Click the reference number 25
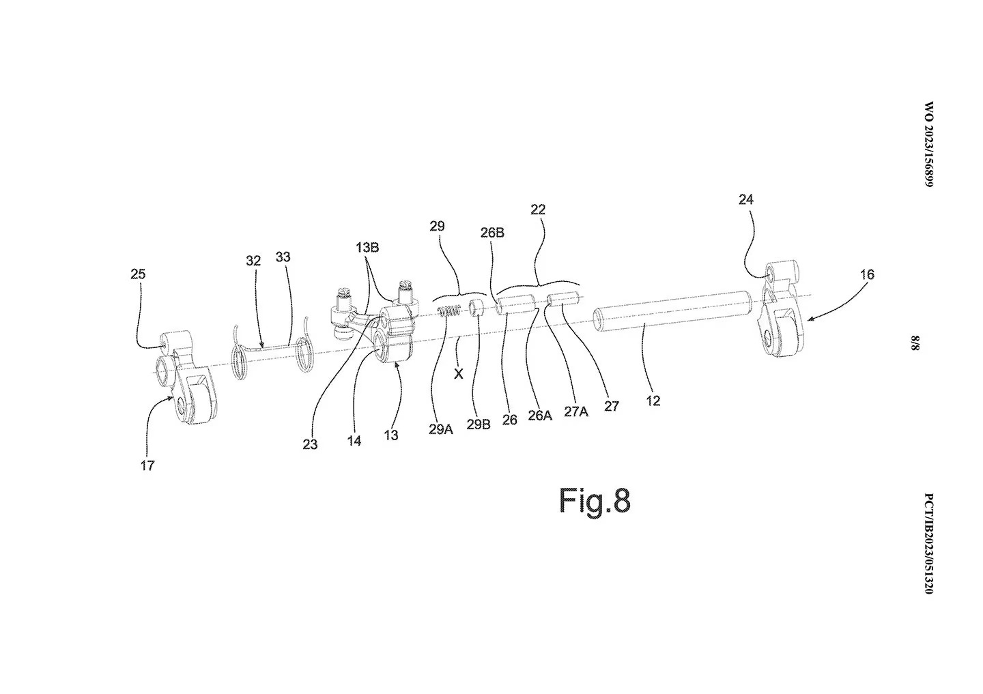(138, 274)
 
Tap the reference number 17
(147, 465)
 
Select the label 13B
(367, 248)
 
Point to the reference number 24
(746, 199)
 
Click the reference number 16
(867, 274)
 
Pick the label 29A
(440, 430)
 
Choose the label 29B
(479, 424)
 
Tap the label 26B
(492, 233)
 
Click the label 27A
(576, 411)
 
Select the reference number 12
(653, 401)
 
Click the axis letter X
(459, 374)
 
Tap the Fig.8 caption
(595, 501)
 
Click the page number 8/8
(915, 343)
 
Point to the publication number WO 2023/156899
(929, 145)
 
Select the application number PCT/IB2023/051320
(929, 544)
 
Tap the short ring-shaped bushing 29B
(476, 308)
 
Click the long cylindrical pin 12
(672, 313)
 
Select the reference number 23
(310, 445)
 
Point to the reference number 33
(283, 257)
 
